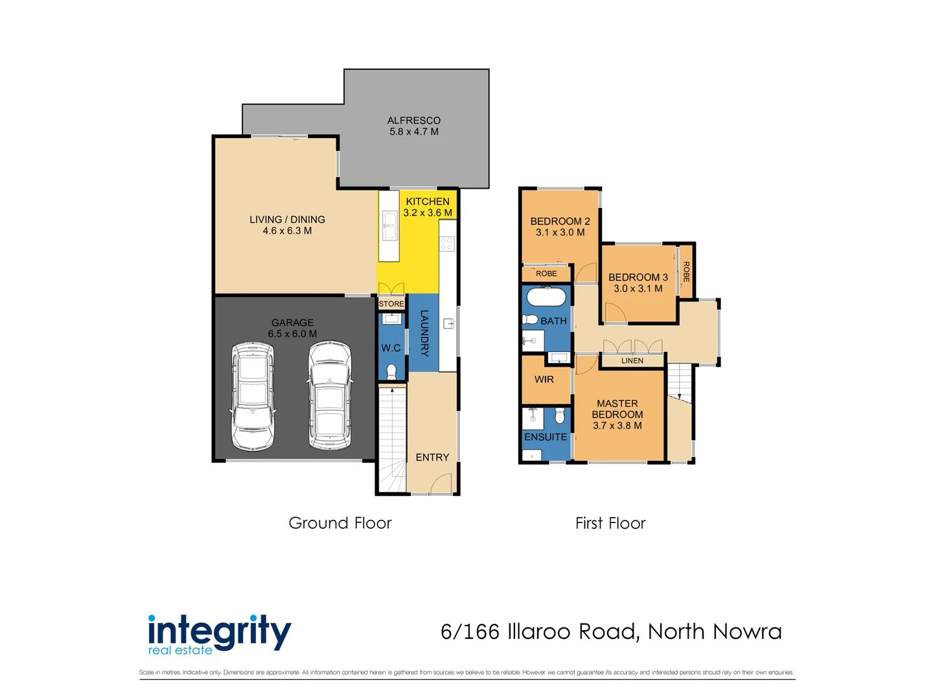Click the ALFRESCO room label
click(413, 121)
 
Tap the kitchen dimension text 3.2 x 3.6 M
click(428, 213)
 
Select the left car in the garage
click(253, 395)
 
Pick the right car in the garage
click(330, 395)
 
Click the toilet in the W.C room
click(391, 371)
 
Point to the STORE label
click(391, 304)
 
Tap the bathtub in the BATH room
click(546, 297)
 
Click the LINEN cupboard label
click(632, 361)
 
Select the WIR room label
click(544, 379)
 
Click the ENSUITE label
click(546, 437)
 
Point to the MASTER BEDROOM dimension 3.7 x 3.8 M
click(617, 426)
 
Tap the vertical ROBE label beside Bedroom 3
click(686, 272)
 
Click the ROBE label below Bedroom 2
click(546, 274)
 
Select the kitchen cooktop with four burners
click(447, 244)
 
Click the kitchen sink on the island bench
click(389, 226)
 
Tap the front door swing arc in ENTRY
click(441, 483)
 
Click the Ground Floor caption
click(340, 523)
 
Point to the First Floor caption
click(610, 523)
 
